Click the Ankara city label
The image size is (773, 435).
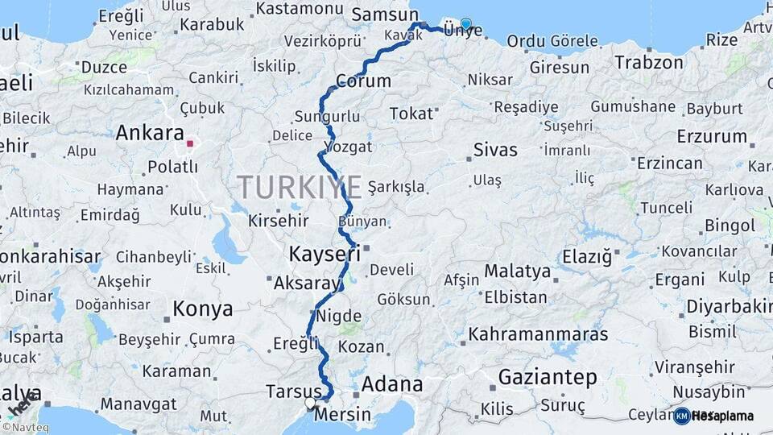pyautogui.click(x=151, y=133)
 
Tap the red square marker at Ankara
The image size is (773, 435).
pyautogui.click(x=190, y=144)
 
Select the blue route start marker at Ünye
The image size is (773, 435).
pyautogui.click(x=465, y=23)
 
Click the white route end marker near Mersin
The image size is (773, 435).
pyautogui.click(x=310, y=402)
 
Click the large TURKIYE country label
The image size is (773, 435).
pyautogui.click(x=300, y=188)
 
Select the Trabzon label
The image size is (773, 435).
pyautogui.click(x=649, y=62)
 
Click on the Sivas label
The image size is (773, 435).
pyautogui.click(x=495, y=149)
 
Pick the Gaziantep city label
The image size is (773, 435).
pyautogui.click(x=548, y=377)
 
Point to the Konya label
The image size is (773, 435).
pyautogui.click(x=203, y=309)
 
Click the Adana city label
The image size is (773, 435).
pyautogui.click(x=392, y=383)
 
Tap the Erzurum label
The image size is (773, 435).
pyautogui.click(x=712, y=136)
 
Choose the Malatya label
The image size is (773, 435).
pyautogui.click(x=517, y=271)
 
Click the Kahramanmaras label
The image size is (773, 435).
pyautogui.click(x=539, y=333)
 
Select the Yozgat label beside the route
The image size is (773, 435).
pyautogui.click(x=348, y=147)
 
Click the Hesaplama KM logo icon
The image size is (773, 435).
pyautogui.click(x=682, y=416)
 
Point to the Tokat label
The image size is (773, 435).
pyautogui.click(x=411, y=114)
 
